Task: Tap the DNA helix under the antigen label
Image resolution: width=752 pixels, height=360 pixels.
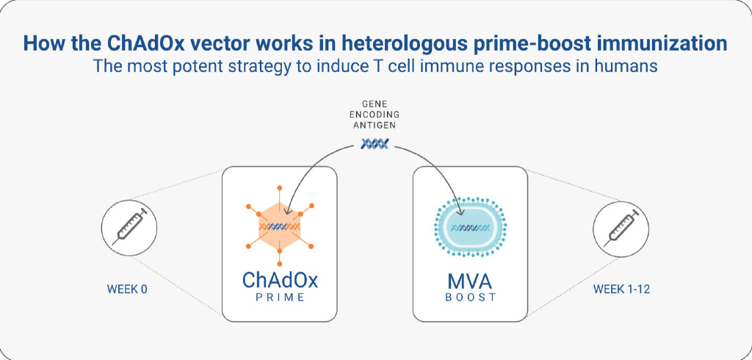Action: (x=375, y=143)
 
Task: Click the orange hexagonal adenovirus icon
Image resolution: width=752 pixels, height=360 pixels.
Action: (x=280, y=226)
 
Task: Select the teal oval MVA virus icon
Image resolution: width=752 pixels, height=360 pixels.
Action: (x=470, y=226)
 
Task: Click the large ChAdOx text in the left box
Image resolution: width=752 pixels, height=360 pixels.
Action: (x=280, y=281)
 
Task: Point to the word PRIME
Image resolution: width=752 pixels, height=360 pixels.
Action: (x=280, y=298)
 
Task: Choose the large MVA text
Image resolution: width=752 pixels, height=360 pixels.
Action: (x=470, y=281)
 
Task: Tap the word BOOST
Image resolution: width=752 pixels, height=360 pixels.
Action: (x=470, y=298)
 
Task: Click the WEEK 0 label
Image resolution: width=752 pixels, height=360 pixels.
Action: (x=126, y=289)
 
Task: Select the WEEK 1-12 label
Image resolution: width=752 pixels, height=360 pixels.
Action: (x=621, y=289)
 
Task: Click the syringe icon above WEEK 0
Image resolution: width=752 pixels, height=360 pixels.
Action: (x=129, y=227)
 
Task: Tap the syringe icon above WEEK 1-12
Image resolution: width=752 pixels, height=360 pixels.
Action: (x=621, y=228)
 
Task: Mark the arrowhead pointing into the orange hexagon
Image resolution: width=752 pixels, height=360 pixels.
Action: (x=287, y=211)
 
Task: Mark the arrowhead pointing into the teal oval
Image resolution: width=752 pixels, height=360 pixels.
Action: (x=461, y=212)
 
